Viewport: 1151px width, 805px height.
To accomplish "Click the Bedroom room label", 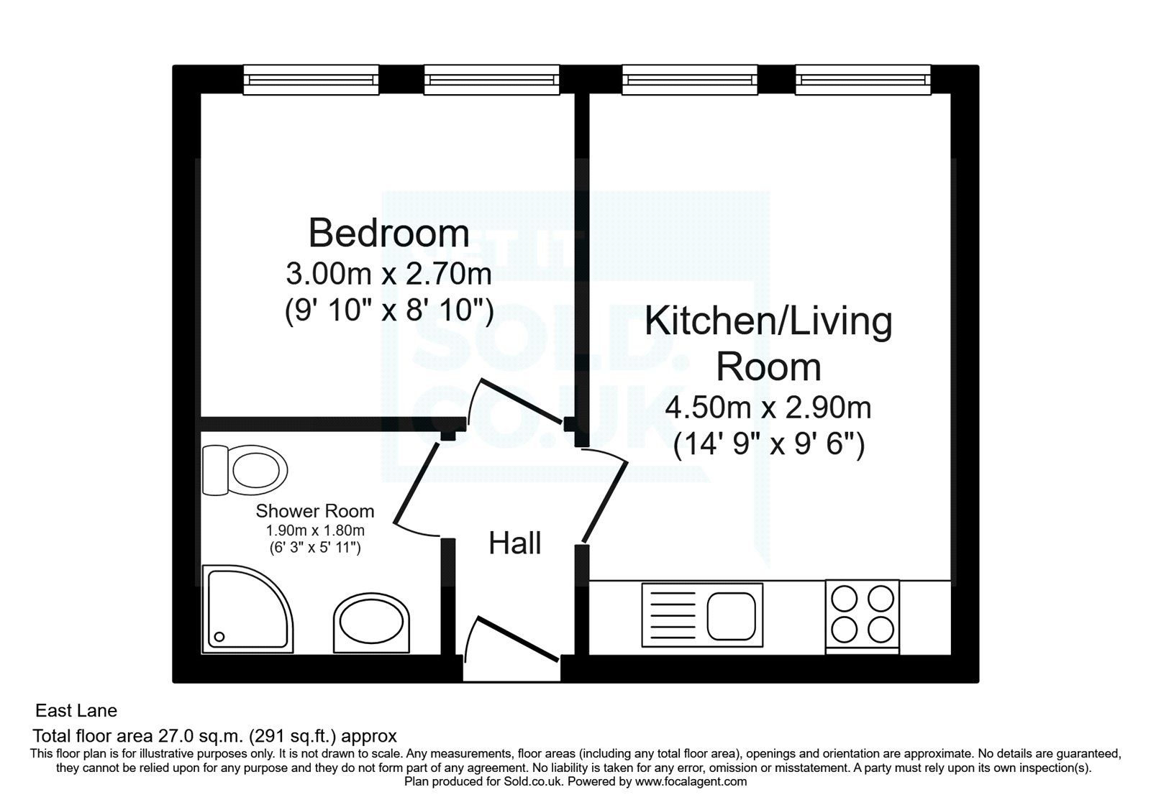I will [x=388, y=234].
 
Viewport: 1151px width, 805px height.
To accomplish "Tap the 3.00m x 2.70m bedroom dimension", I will [x=388, y=274].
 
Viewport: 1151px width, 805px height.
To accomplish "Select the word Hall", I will [x=514, y=544].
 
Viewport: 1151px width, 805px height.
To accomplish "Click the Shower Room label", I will [x=315, y=511].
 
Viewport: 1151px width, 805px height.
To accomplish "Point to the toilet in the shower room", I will [x=245, y=471].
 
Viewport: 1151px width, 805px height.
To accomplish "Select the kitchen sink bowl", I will [x=730, y=617].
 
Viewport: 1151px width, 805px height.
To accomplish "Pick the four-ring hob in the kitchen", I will [x=862, y=615].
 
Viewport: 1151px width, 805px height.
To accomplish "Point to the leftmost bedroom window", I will [x=311, y=80].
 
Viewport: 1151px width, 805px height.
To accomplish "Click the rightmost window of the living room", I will [x=863, y=80].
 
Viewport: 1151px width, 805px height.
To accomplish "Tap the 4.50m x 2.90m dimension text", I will [x=768, y=408].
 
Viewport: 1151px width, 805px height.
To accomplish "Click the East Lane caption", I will [x=76, y=711].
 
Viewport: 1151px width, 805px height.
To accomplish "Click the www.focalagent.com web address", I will [x=691, y=781].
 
